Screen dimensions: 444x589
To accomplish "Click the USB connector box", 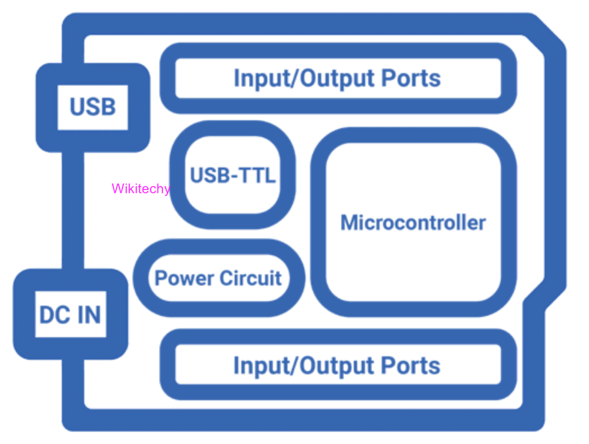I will (x=93, y=107).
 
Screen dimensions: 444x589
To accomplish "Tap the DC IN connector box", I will (x=70, y=314).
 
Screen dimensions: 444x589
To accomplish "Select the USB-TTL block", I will (x=232, y=175).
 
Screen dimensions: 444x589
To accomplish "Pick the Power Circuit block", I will (x=218, y=278).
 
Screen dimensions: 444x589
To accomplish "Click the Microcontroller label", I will (x=413, y=223).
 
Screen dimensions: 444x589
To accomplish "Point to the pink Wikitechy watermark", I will (x=140, y=189).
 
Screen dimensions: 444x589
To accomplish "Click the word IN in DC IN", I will (x=90, y=315).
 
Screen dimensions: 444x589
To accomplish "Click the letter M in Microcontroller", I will (x=350, y=223).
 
